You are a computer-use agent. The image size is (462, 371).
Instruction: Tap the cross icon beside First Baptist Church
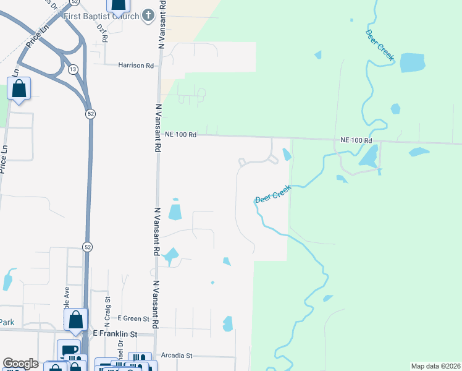(148, 15)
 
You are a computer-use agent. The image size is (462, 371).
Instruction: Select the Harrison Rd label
(136, 65)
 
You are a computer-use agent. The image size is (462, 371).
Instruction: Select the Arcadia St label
(177, 356)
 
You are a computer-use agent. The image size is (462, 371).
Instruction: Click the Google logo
(20, 364)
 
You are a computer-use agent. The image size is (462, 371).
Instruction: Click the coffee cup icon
(69, 349)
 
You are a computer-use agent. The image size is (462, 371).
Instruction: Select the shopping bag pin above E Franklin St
(75, 320)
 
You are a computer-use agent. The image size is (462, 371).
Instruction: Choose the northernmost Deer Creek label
(379, 45)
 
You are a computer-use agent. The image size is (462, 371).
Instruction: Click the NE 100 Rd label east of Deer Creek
(357, 141)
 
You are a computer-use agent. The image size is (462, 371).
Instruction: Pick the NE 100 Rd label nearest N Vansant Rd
(180, 134)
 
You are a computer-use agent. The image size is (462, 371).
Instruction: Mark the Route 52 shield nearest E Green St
(88, 247)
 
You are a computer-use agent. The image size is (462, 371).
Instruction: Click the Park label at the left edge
(7, 322)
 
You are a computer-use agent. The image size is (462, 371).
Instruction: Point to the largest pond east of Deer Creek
(412, 62)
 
